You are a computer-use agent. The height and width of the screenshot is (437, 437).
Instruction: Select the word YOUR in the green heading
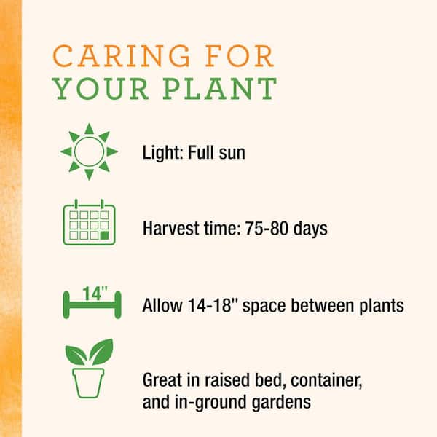pyautogui.click(x=101, y=88)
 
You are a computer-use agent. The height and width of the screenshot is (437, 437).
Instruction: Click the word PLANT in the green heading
pyautogui.click(x=220, y=88)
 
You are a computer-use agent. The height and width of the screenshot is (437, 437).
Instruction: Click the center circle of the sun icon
pyautogui.click(x=89, y=151)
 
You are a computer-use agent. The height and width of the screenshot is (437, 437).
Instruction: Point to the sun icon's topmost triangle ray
pyautogui.click(x=89, y=129)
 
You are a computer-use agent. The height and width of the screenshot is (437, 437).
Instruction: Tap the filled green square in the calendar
pyautogui.click(x=104, y=235)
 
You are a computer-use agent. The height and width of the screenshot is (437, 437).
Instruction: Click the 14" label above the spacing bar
pyautogui.click(x=95, y=294)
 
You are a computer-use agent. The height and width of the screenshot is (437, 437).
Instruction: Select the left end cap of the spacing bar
pyautogui.click(x=66, y=304)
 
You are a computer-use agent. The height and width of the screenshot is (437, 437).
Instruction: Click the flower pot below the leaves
pyautogui.click(x=88, y=383)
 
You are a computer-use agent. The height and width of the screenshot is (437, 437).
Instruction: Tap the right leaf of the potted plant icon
pyautogui.click(x=102, y=352)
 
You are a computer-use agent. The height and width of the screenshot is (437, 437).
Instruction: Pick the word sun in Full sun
pyautogui.click(x=232, y=154)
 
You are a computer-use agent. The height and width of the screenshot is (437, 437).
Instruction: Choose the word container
pyautogui.click(x=326, y=380)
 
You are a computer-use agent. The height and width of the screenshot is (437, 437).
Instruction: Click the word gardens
pyautogui.click(x=281, y=403)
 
